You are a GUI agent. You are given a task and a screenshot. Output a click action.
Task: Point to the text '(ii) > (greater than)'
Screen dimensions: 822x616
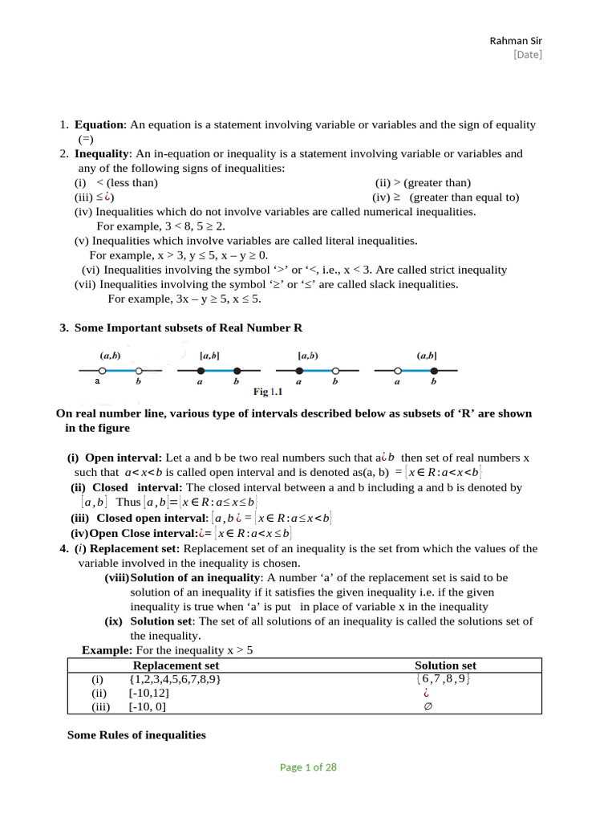pyautogui.click(x=423, y=182)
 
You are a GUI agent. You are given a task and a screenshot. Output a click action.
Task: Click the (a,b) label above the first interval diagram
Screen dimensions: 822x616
pyautogui.click(x=110, y=355)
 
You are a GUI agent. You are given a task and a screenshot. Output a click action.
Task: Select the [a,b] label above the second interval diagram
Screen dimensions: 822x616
pyautogui.click(x=210, y=355)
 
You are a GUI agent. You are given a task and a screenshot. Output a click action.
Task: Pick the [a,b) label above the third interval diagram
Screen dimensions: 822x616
pyautogui.click(x=307, y=355)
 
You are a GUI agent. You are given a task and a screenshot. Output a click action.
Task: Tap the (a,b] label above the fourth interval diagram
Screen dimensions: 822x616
pyautogui.click(x=427, y=355)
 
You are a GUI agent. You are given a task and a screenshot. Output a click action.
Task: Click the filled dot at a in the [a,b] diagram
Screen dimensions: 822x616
pyautogui.click(x=201, y=370)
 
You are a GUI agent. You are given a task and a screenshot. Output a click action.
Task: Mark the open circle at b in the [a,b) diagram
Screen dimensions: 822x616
pyautogui.click(x=335, y=370)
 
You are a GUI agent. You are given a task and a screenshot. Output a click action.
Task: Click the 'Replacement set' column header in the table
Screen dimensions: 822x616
pyautogui.click(x=176, y=665)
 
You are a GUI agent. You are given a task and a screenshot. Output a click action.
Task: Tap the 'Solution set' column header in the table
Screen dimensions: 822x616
pyautogui.click(x=445, y=665)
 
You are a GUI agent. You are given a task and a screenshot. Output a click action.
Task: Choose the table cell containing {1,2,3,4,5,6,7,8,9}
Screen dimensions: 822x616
pyautogui.click(x=174, y=679)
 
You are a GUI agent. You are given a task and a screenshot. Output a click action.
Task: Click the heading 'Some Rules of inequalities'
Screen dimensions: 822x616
pyautogui.click(x=136, y=735)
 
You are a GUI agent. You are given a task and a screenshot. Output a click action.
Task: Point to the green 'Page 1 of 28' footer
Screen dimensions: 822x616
pyautogui.click(x=308, y=767)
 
